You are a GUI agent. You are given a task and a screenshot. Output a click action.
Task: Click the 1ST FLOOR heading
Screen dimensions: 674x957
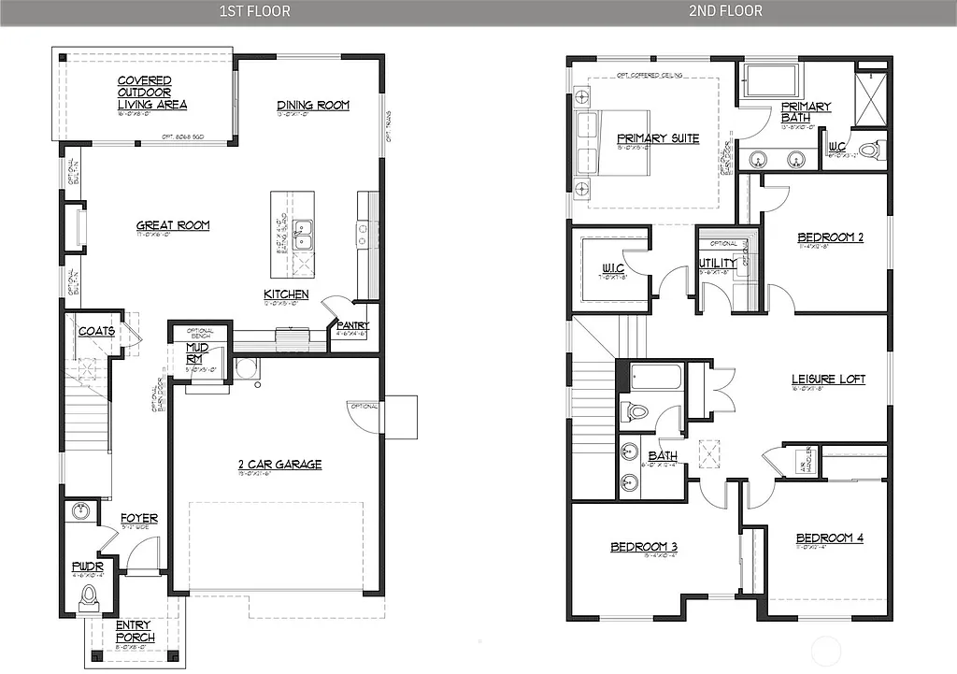[254, 11]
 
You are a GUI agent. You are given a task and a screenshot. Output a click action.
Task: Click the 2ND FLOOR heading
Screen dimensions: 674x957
[726, 11]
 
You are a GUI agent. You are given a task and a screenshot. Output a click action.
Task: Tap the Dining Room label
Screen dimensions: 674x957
[312, 106]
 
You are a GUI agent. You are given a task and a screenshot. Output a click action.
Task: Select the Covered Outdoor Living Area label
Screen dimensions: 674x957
[145, 93]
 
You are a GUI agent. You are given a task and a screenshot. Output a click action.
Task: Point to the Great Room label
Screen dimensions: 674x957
[173, 225]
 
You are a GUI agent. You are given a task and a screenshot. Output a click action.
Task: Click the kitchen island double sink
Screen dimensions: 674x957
[303, 235]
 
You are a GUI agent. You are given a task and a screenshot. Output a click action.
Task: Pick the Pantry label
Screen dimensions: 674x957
[354, 325]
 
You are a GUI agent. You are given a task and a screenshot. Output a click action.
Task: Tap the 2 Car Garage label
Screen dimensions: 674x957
[279, 464]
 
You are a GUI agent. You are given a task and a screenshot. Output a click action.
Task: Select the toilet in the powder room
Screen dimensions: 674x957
[91, 595]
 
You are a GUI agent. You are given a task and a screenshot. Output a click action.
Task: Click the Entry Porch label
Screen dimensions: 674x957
[135, 631]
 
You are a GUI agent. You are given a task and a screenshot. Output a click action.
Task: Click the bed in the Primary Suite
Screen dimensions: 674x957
[598, 140]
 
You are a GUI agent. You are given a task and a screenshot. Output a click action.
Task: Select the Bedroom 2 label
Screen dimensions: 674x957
[830, 237]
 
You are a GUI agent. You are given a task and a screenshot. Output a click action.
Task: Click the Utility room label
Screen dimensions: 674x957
[717, 263]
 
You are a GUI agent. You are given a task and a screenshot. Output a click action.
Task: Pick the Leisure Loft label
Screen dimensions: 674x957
[828, 380]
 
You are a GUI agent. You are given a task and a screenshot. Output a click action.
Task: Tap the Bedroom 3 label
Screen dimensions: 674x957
[643, 547]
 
